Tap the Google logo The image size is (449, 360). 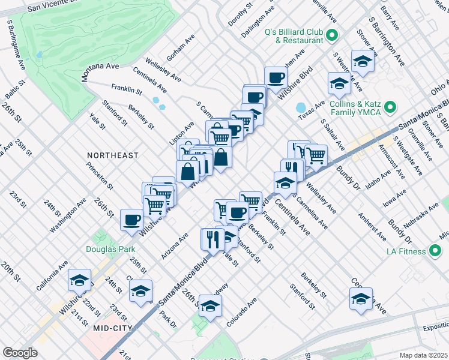(x=20, y=353)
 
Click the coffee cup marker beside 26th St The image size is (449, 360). (x=131, y=219)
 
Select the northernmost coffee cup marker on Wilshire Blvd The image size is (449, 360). (x=276, y=77)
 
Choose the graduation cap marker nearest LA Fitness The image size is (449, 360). (x=361, y=298)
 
